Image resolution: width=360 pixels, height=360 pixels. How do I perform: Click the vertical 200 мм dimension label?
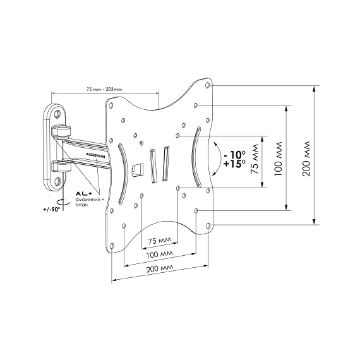(306, 159)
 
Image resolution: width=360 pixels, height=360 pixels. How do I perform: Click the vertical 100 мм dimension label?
(278, 159)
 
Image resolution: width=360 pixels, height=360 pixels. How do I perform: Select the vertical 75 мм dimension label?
(255, 159)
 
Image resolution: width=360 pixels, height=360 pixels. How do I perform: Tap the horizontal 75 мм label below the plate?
(159, 241)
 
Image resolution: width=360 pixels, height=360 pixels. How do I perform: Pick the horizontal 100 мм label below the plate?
(160, 254)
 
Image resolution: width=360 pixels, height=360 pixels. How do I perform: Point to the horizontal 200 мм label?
(160, 268)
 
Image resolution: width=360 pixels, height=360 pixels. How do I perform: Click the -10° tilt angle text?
(234, 155)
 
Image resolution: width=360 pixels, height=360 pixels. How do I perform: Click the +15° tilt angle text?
(234, 164)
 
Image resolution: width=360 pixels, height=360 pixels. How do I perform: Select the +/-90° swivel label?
(51, 209)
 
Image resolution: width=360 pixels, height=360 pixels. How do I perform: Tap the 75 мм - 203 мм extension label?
(104, 89)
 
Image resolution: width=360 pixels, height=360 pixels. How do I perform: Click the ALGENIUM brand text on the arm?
(95, 155)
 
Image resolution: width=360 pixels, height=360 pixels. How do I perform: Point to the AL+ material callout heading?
(82, 194)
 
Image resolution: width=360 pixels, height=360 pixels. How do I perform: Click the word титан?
(81, 205)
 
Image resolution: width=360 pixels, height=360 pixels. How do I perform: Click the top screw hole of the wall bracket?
(57, 114)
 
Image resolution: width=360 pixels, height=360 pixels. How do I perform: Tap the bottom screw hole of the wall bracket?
(57, 182)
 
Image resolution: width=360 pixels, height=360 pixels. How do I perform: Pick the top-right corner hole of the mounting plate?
(208, 85)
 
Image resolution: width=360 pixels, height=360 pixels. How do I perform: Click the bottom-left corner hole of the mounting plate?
(112, 246)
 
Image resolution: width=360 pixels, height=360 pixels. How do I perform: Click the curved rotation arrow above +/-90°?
(63, 202)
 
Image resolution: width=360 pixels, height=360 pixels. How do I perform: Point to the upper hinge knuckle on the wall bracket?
(61, 130)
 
